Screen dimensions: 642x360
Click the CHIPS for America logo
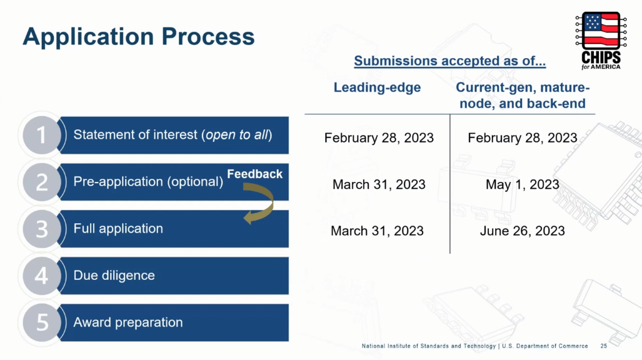pyautogui.click(x=601, y=41)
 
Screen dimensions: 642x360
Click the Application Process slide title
pyautogui.click(x=139, y=36)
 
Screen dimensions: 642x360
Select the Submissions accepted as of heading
pyautogui.click(x=449, y=61)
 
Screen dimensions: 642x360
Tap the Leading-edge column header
pyautogui.click(x=377, y=87)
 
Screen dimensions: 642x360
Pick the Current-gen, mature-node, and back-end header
pyautogui.click(x=523, y=96)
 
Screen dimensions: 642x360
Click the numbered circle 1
pyautogui.click(x=42, y=135)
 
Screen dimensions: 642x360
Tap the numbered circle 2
pyautogui.click(x=42, y=182)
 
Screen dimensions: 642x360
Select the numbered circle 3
pyautogui.click(x=42, y=229)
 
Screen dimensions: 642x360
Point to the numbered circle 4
pyautogui.click(x=42, y=276)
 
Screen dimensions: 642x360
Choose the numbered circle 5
pyautogui.click(x=42, y=322)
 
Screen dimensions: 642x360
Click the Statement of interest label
pyautogui.click(x=173, y=135)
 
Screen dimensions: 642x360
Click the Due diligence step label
pyautogui.click(x=114, y=275)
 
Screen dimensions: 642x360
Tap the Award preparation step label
pyautogui.click(x=128, y=322)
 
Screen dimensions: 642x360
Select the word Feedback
pyautogui.click(x=254, y=174)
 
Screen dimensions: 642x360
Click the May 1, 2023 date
pyautogui.click(x=523, y=184)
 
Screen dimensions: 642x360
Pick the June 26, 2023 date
pyautogui.click(x=523, y=231)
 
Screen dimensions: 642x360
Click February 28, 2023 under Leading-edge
pyautogui.click(x=379, y=137)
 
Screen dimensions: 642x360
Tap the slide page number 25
pyautogui.click(x=604, y=346)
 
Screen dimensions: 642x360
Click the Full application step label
pyautogui.click(x=118, y=229)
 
